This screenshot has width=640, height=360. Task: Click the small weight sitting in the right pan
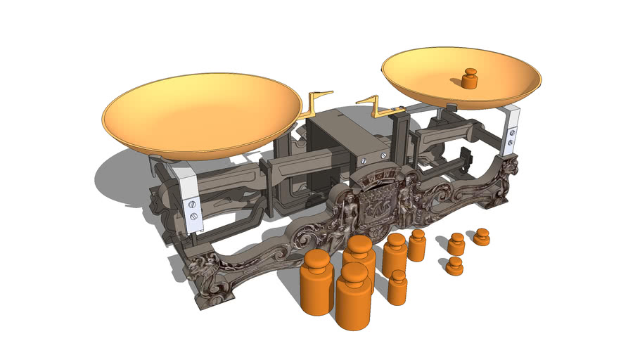469,79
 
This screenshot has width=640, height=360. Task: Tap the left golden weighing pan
201,112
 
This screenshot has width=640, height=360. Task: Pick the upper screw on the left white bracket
192,204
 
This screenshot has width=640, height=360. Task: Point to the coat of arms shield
380,204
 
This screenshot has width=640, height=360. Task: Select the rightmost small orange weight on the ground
482,236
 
